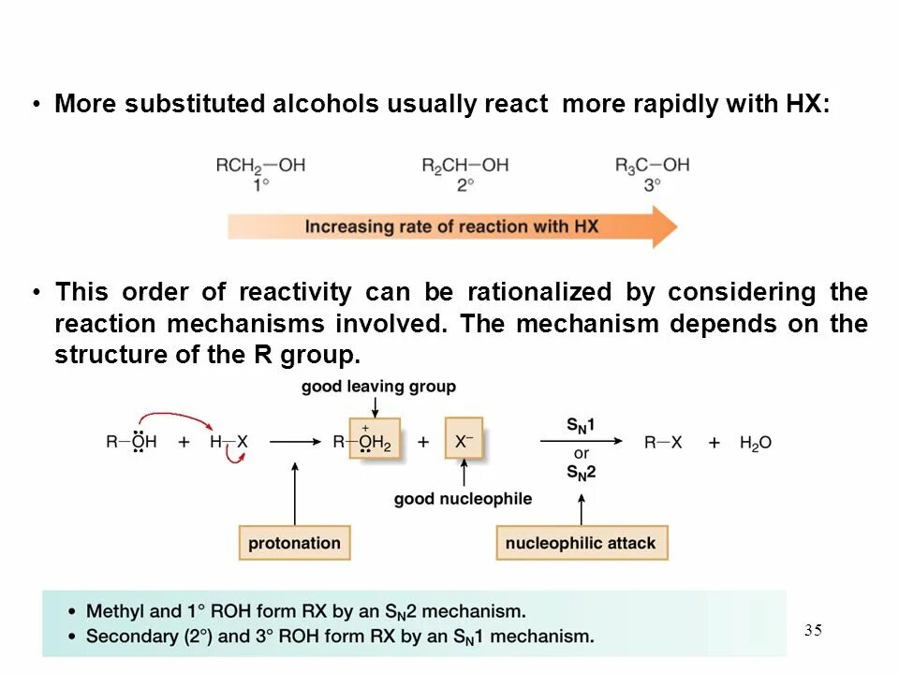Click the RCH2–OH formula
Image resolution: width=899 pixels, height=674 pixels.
pos(260,166)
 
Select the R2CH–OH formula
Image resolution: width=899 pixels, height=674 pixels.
pos(464,166)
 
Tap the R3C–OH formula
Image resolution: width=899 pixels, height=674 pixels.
pos(652,166)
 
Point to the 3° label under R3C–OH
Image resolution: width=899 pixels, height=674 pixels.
pos(652,185)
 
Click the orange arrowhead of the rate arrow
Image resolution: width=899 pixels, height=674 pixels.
pos(663,227)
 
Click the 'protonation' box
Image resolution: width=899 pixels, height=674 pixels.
pos(294,543)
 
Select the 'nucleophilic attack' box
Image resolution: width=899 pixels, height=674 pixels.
pos(581,543)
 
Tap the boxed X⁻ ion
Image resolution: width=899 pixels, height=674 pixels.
pos(464,438)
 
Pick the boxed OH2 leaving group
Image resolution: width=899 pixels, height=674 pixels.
pos(375,440)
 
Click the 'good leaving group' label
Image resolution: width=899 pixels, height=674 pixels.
pos(378,387)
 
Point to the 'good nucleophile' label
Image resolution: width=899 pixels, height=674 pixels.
pos(463,499)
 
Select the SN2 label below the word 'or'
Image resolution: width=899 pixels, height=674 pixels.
pos(581,472)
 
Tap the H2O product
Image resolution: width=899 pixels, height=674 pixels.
pos(755,443)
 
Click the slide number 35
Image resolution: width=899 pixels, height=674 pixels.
pos(813,630)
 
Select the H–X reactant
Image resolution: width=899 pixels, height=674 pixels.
pos(228,443)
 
